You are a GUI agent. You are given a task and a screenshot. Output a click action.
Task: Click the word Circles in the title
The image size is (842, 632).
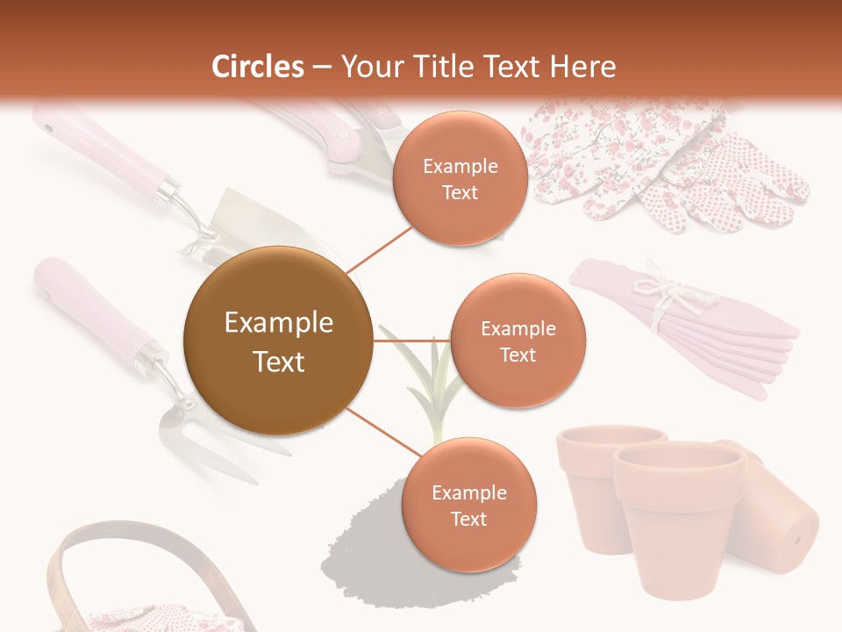(x=258, y=67)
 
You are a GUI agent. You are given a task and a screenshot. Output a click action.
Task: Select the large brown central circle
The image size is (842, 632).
(x=278, y=341)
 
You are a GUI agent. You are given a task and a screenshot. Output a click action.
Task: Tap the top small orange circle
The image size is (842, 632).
(x=460, y=178)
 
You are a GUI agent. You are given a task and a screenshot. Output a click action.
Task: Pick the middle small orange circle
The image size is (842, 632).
(x=517, y=341)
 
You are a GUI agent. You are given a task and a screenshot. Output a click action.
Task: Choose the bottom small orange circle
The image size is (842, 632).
(x=467, y=505)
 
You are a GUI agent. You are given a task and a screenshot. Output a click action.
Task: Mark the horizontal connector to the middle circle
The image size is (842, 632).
(x=412, y=341)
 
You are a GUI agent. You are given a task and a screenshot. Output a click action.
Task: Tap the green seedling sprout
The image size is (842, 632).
(x=430, y=386)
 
